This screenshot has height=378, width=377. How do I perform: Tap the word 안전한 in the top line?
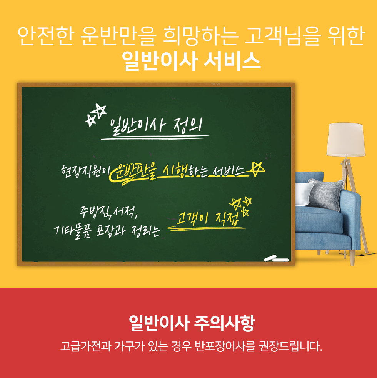[45, 36]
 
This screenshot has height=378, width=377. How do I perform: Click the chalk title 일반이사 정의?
[156, 126]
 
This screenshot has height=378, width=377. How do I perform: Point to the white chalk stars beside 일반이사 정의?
[96, 115]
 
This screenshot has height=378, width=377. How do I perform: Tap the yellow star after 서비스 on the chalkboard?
[257, 169]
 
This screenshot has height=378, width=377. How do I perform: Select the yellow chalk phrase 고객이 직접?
[208, 219]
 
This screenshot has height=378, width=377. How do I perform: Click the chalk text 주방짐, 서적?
[109, 212]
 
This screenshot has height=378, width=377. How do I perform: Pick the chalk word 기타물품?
[73, 231]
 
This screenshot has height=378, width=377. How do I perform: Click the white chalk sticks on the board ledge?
[276, 258]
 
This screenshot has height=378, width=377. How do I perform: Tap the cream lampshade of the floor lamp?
[345, 140]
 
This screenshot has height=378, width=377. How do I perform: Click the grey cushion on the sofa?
[325, 194]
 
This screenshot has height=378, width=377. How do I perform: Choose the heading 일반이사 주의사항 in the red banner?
[192, 323]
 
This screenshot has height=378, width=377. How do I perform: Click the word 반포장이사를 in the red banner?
[225, 346]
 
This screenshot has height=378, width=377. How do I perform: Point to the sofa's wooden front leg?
[352, 258]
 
